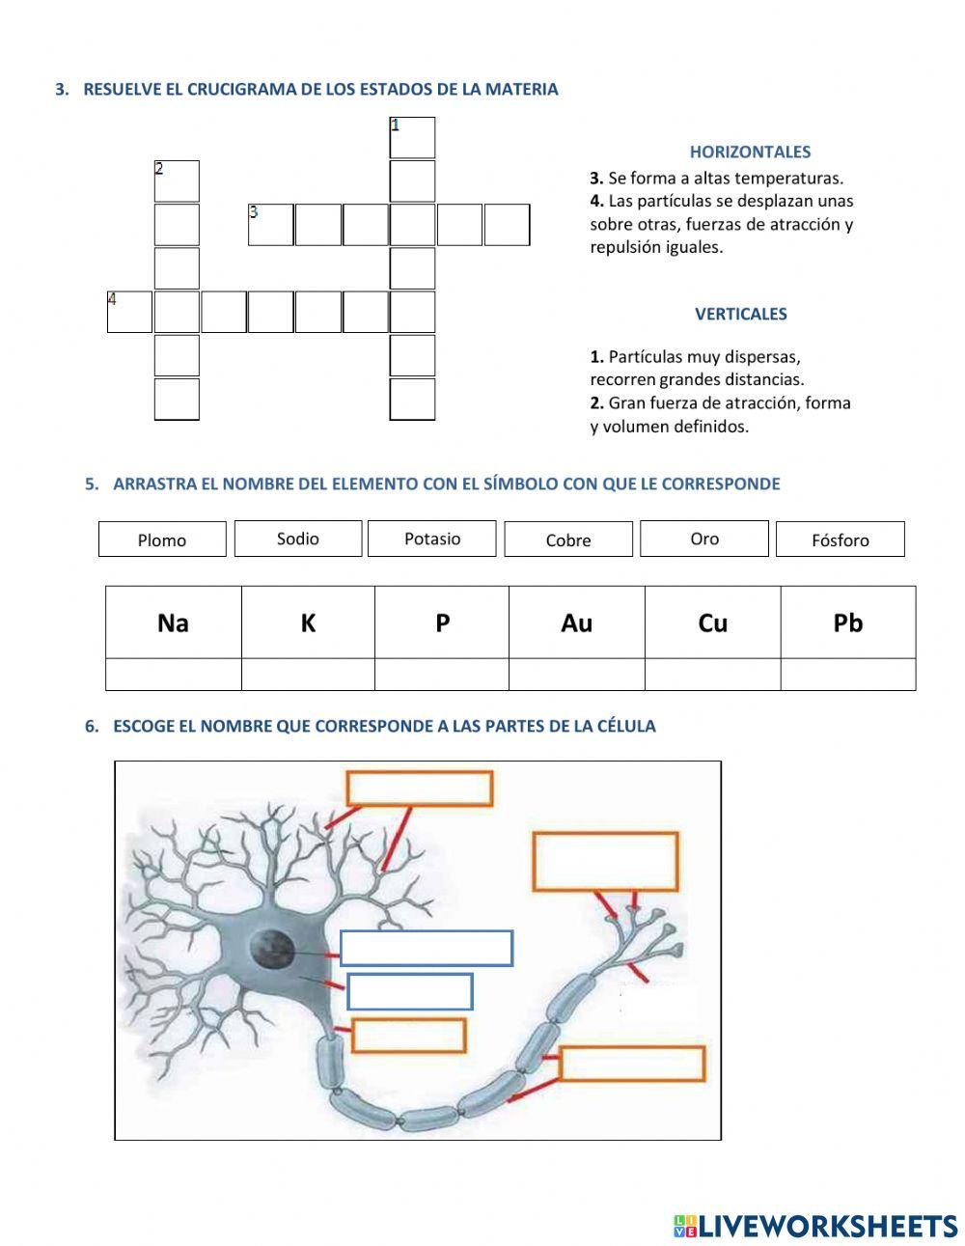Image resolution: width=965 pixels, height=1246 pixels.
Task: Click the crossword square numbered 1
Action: tap(412, 138)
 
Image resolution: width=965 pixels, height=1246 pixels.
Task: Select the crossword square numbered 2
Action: tap(177, 181)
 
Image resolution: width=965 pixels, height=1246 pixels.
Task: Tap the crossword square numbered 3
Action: tap(271, 225)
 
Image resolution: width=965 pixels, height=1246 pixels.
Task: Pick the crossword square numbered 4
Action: tap(129, 312)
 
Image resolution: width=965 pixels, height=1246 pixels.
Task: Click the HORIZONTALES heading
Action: tap(750, 152)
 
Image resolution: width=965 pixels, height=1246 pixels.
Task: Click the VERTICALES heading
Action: tap(740, 314)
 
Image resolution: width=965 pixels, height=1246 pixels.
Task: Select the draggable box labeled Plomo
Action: tap(162, 540)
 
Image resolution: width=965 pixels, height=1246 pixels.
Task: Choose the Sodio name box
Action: tap(297, 539)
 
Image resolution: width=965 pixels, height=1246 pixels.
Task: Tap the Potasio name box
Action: tap(431, 539)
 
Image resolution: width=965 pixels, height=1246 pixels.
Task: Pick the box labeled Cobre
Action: tap(568, 540)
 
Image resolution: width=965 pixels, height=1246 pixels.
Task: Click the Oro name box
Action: tap(704, 539)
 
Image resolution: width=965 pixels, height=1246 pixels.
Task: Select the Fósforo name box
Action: tap(840, 540)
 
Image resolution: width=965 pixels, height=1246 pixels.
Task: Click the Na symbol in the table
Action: tap(173, 623)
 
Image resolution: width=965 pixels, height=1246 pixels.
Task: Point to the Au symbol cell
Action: tap(576, 623)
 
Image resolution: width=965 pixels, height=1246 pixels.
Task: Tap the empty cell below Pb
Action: tap(847, 675)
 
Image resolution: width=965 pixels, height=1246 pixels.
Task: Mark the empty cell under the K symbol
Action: tap(308, 675)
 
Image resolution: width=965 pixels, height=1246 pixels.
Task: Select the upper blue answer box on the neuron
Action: tap(426, 948)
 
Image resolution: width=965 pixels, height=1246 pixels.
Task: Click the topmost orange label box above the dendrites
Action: tap(420, 789)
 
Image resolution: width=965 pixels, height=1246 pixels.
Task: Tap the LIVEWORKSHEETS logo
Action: tap(815, 1226)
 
